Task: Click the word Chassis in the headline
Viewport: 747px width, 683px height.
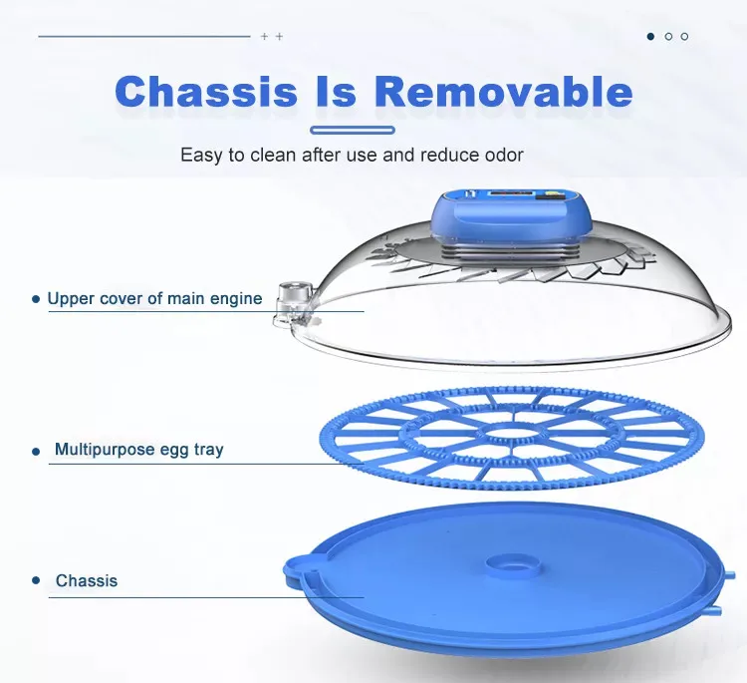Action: (206, 91)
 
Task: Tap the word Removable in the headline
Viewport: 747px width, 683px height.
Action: (504, 91)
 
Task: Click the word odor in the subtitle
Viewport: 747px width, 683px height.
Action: (504, 155)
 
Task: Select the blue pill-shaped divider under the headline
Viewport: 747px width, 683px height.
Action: (353, 131)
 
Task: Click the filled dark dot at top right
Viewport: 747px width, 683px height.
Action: (650, 36)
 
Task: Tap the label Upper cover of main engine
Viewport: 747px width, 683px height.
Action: (154, 298)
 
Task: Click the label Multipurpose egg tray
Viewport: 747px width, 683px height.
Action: (139, 450)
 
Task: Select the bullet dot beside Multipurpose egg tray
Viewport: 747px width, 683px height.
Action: (36, 452)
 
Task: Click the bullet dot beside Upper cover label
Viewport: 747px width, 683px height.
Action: (36, 299)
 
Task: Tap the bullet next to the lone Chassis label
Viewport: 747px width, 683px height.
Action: (36, 580)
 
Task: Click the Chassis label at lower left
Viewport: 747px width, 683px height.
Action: (87, 580)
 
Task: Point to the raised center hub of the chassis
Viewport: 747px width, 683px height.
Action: (514, 564)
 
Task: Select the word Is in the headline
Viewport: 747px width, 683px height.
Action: (336, 91)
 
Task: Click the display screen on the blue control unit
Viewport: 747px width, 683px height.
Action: (509, 195)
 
